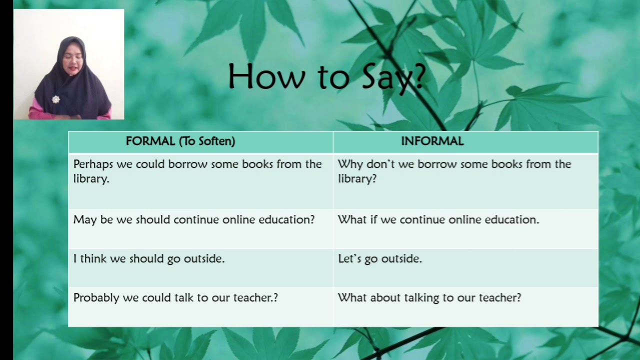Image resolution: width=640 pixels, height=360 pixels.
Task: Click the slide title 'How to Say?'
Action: [326, 77]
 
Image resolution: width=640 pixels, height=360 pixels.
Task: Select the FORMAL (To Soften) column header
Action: [180, 141]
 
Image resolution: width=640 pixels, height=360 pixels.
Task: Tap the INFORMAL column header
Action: [432, 141]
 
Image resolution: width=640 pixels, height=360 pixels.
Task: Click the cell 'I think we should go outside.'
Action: [149, 259]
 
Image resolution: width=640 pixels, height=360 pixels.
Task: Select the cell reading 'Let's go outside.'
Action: [380, 259]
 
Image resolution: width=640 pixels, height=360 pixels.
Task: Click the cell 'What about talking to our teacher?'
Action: [429, 298]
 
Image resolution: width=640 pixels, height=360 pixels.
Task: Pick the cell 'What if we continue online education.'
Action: [438, 220]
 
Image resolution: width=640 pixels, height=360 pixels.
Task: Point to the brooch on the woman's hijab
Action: [55, 99]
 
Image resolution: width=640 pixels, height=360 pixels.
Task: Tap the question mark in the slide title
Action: [418, 77]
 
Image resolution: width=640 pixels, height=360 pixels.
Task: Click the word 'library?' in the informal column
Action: [357, 179]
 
